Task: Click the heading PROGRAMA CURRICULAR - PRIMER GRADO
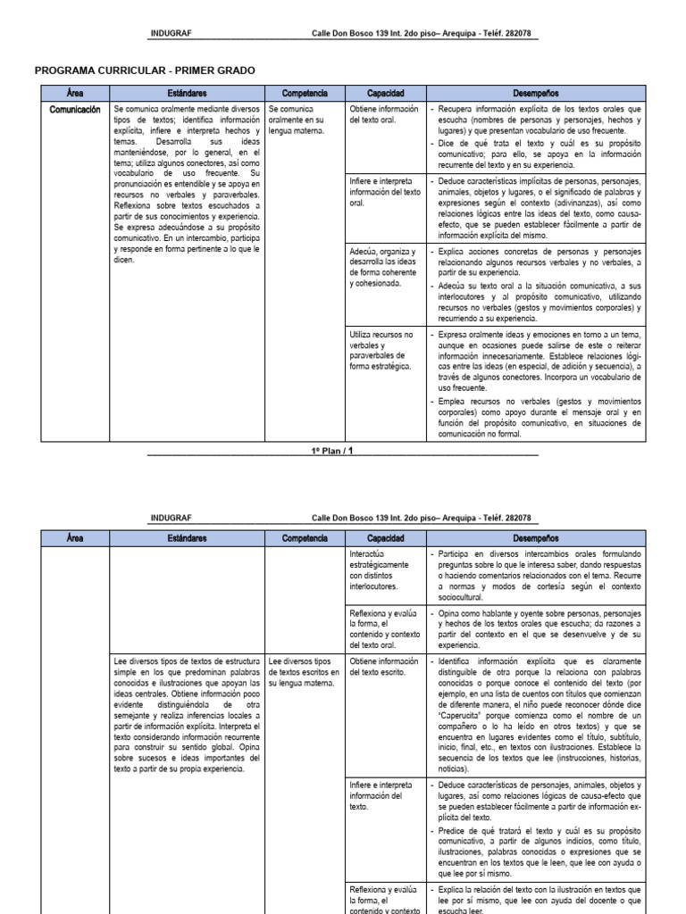tap(150, 71)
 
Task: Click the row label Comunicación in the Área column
tap(75, 109)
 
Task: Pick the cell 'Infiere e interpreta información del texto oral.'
tap(385, 191)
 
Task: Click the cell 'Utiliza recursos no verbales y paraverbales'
tap(382, 351)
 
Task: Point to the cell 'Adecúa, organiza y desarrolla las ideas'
tap(385, 268)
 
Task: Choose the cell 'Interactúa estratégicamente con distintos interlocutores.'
tap(381, 569)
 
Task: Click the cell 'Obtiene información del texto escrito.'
tap(385, 666)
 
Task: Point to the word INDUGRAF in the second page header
tap(171, 518)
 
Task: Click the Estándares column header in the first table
tap(187, 93)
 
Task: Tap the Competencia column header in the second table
tap(305, 539)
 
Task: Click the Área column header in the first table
tap(74, 93)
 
